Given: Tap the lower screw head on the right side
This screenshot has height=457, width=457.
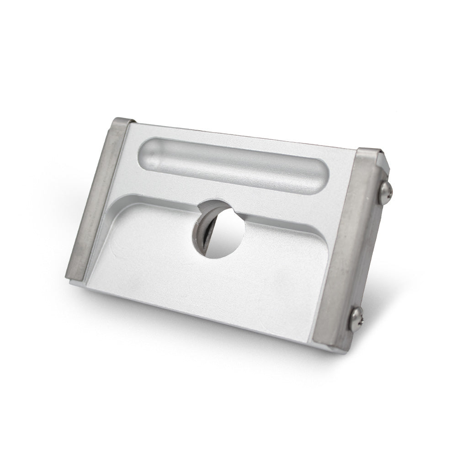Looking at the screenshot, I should coord(356,319).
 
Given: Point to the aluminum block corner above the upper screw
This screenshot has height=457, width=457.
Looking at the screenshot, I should coord(384,162).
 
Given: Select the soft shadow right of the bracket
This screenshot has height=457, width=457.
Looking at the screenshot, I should coord(398,283).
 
